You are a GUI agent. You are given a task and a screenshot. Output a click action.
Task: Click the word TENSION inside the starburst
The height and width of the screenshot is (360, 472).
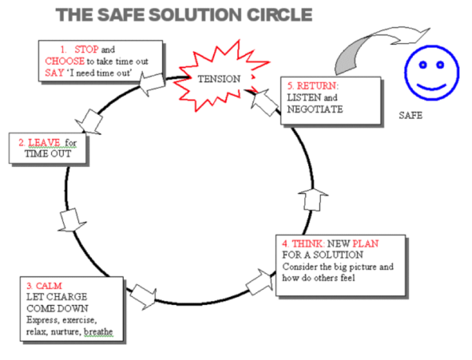point(219,79)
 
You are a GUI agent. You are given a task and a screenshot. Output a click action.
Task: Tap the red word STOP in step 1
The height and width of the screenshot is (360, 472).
point(87,50)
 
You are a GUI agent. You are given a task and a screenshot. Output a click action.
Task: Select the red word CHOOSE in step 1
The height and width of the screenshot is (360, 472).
point(65,61)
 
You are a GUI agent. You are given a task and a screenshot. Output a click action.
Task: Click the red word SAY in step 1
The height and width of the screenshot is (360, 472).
point(54,72)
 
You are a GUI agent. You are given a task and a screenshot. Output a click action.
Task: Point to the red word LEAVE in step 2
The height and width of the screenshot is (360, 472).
point(44,143)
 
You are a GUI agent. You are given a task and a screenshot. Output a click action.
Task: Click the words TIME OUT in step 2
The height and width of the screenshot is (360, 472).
point(47,154)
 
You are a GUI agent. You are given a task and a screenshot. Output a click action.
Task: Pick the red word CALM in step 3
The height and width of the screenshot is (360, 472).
point(49,286)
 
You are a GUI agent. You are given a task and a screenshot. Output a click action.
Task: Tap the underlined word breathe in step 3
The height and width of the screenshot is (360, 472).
point(98,332)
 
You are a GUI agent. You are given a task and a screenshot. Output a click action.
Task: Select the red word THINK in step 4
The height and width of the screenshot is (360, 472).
point(307,243)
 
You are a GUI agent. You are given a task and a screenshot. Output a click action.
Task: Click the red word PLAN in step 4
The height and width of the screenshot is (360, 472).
point(366,243)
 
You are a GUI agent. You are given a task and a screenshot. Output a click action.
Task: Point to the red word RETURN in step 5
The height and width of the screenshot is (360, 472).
point(317,86)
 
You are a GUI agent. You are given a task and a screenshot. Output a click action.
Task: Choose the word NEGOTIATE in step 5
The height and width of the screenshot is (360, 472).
point(315,109)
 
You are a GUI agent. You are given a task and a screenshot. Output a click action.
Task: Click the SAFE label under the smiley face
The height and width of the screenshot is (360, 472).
point(411,115)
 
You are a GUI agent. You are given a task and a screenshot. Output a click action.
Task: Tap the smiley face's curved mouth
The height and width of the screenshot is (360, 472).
point(431,87)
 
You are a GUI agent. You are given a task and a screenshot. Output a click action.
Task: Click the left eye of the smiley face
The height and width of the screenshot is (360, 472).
point(423,65)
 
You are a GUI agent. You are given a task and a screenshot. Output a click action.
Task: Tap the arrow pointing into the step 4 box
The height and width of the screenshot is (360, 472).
point(259,282)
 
